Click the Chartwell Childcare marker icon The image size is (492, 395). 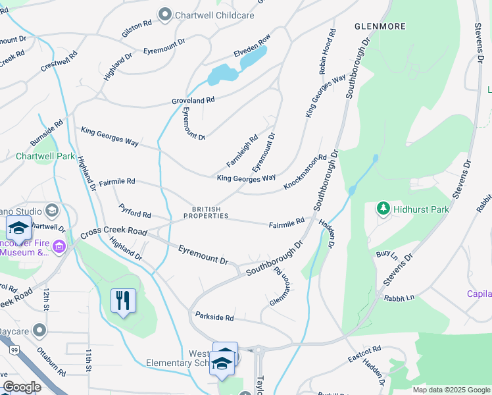(165, 14)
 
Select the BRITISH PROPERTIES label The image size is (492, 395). (206, 213)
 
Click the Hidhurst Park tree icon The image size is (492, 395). (383, 209)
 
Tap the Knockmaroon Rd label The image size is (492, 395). (305, 172)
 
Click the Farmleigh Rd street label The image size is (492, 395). (243, 151)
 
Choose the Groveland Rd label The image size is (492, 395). (193, 101)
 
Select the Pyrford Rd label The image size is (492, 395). (135, 211)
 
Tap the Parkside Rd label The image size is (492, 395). (214, 317)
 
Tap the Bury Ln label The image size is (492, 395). (387, 253)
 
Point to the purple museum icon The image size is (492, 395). (59, 247)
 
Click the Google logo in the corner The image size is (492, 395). (22, 387)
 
